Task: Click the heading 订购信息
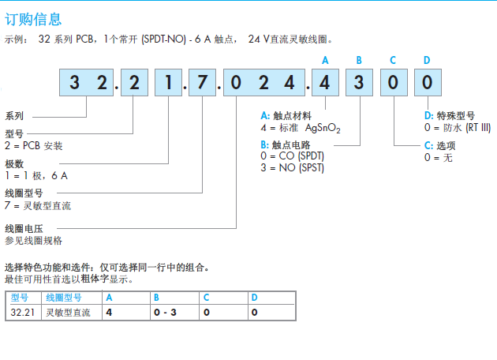[x=33, y=18]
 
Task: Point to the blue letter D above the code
[x=427, y=60]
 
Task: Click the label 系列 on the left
[x=14, y=115]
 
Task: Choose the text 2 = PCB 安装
[x=34, y=145]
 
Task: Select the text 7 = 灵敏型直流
[x=38, y=205]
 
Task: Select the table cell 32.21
[x=22, y=313]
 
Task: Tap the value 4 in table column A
[x=109, y=313]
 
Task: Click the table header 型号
[x=20, y=298]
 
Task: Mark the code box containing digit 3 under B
[x=359, y=83]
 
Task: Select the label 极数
[x=14, y=163]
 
